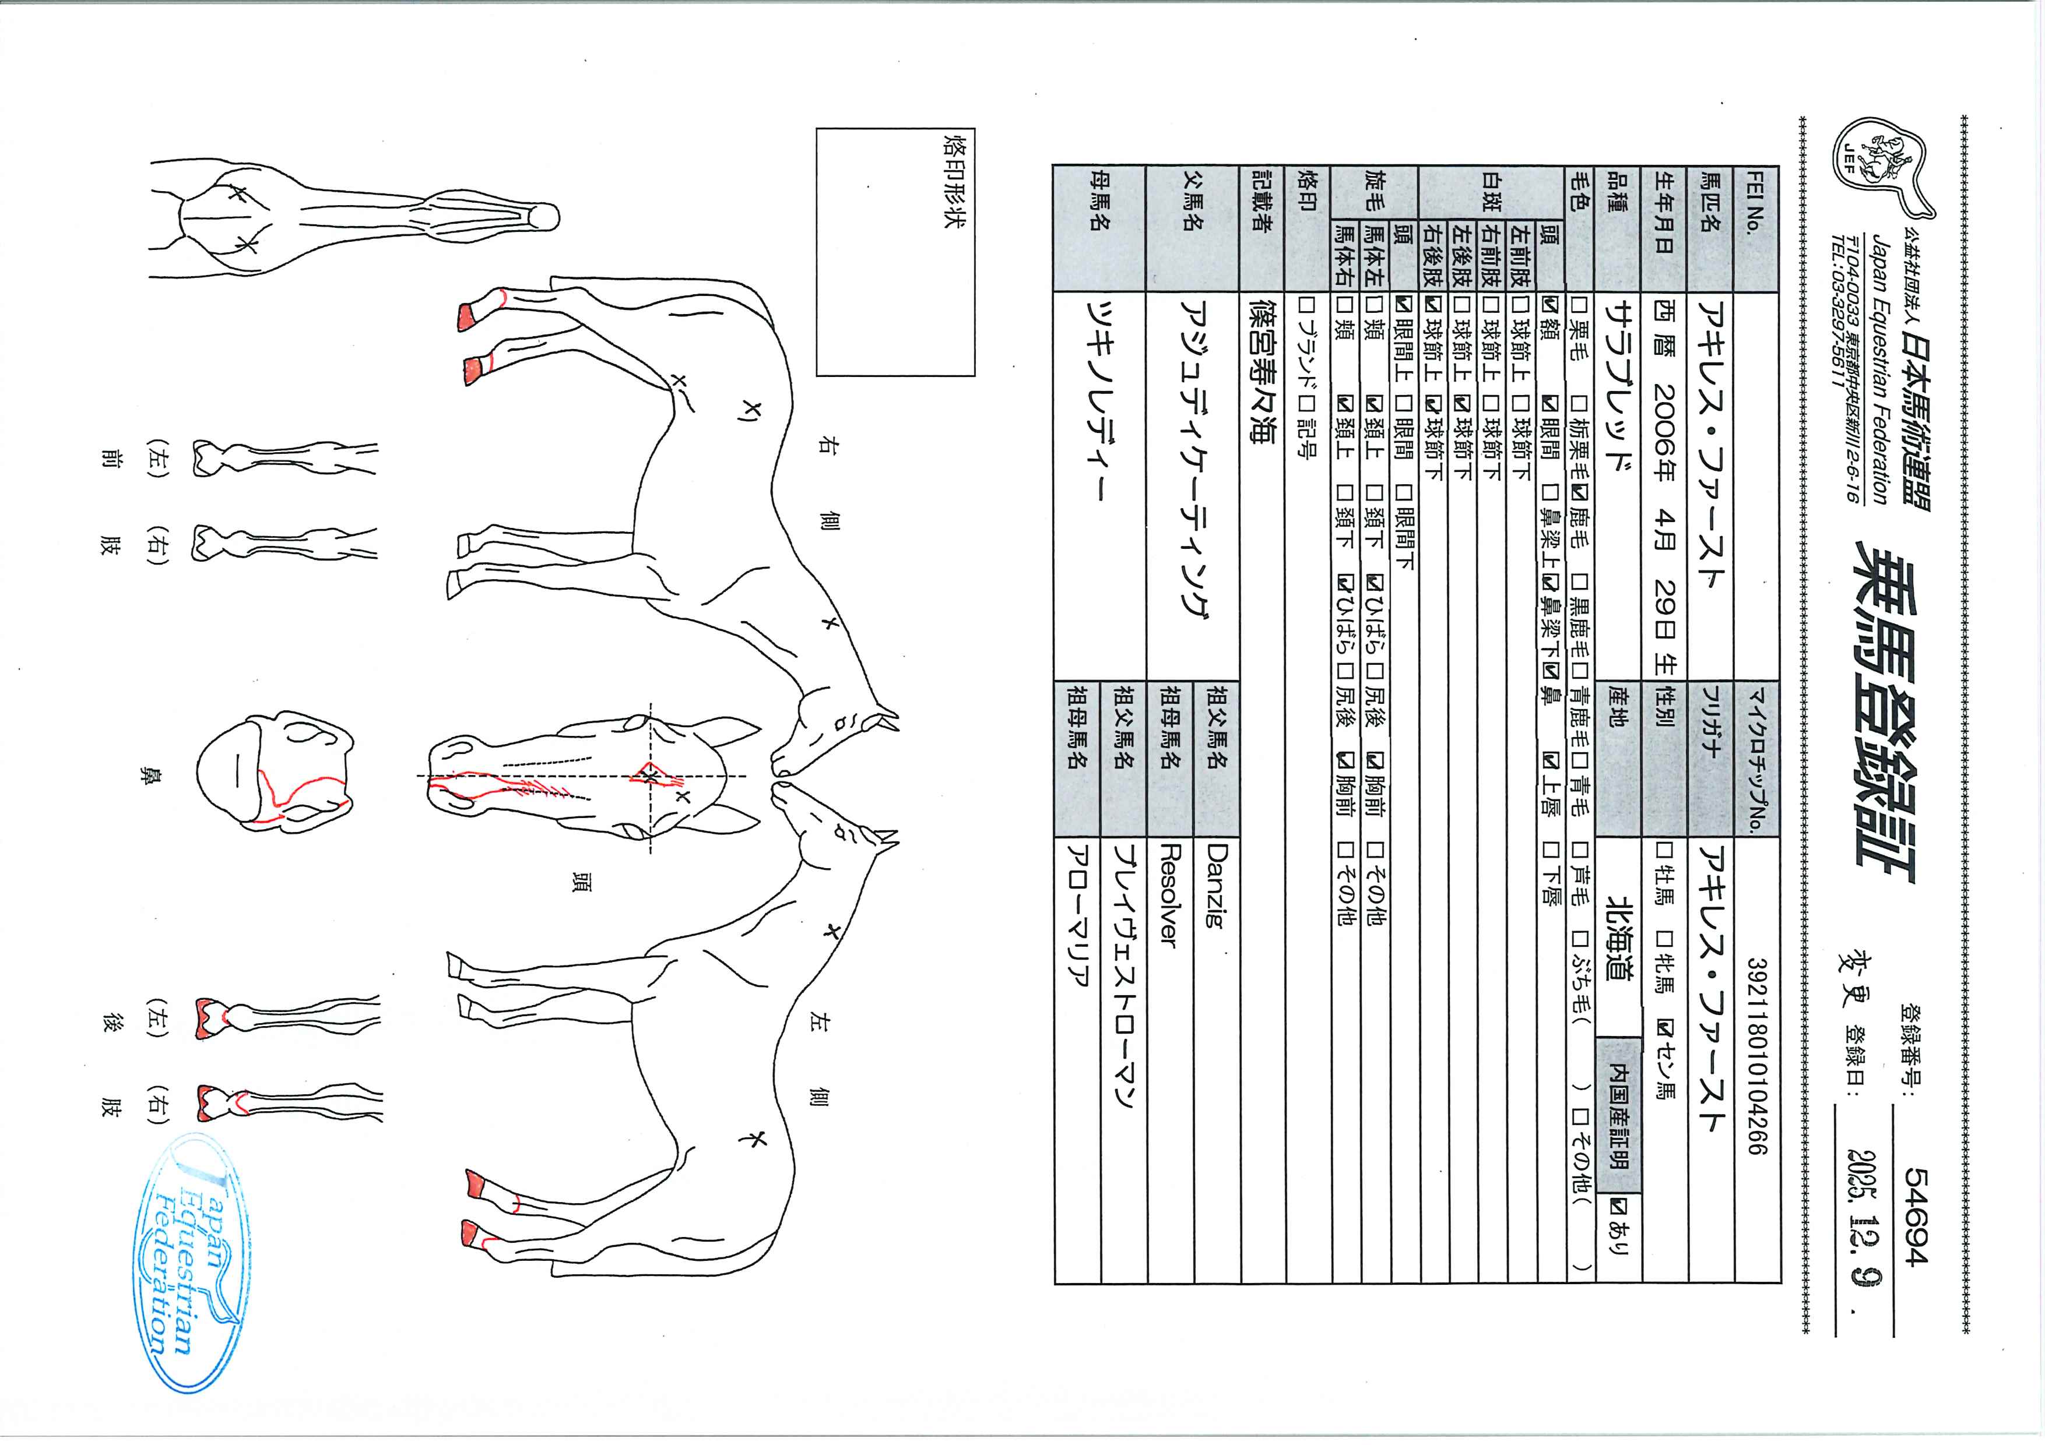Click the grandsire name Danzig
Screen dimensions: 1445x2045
pyautogui.click(x=1216, y=886)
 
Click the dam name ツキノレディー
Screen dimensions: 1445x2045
pyautogui.click(x=1097, y=410)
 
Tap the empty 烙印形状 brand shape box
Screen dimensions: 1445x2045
pyautogui.click(x=896, y=252)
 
